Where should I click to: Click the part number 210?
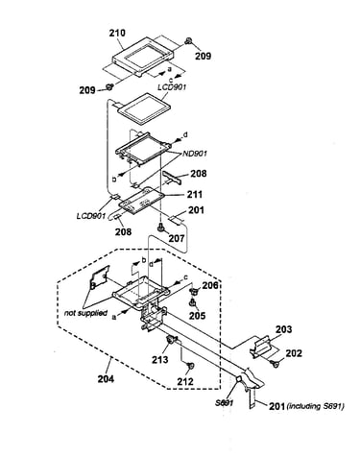click(117, 33)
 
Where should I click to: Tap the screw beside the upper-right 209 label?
click(188, 40)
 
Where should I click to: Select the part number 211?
click(195, 194)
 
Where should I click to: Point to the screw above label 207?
click(160, 228)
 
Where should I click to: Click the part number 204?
click(106, 379)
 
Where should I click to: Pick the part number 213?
click(159, 360)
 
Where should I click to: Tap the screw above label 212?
click(190, 366)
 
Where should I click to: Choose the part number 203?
click(284, 329)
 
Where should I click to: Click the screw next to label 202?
click(275, 363)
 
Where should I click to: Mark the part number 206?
click(210, 285)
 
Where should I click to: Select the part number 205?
click(197, 316)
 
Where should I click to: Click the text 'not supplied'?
click(85, 313)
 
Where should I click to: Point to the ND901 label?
click(195, 154)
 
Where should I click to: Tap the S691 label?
click(224, 402)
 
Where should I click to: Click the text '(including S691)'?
click(315, 406)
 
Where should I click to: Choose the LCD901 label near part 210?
click(172, 86)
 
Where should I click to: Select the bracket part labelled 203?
click(260, 347)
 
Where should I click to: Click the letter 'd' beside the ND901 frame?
click(184, 134)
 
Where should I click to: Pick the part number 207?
click(177, 238)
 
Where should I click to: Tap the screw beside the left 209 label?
click(110, 86)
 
